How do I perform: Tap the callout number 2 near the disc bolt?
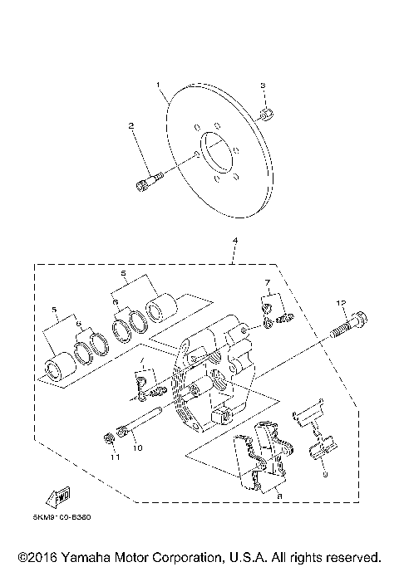(131, 126)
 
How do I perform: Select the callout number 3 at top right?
(263, 86)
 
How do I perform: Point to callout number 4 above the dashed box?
(235, 242)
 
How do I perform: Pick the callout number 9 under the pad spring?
(325, 475)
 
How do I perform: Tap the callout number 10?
(138, 448)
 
